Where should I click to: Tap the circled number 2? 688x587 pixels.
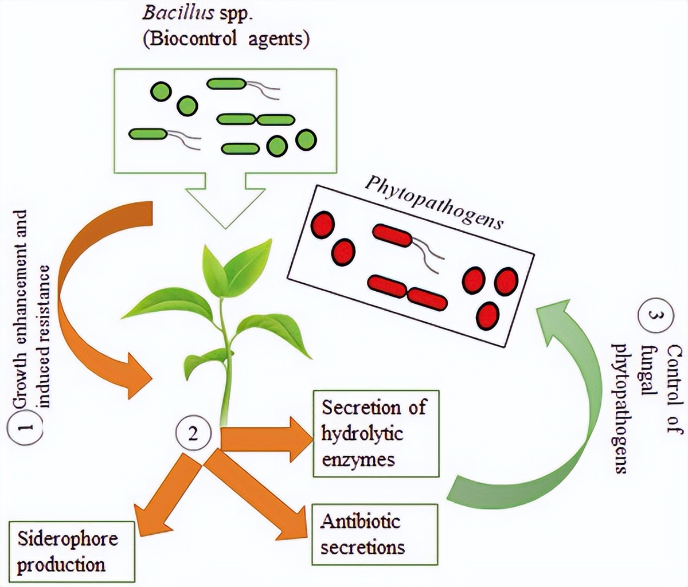(193, 434)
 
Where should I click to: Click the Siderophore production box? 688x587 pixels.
(72, 551)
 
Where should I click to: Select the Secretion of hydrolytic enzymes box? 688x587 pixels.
(376, 433)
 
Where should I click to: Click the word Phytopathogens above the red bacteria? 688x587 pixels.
(434, 204)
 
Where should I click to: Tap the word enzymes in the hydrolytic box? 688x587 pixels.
(358, 460)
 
